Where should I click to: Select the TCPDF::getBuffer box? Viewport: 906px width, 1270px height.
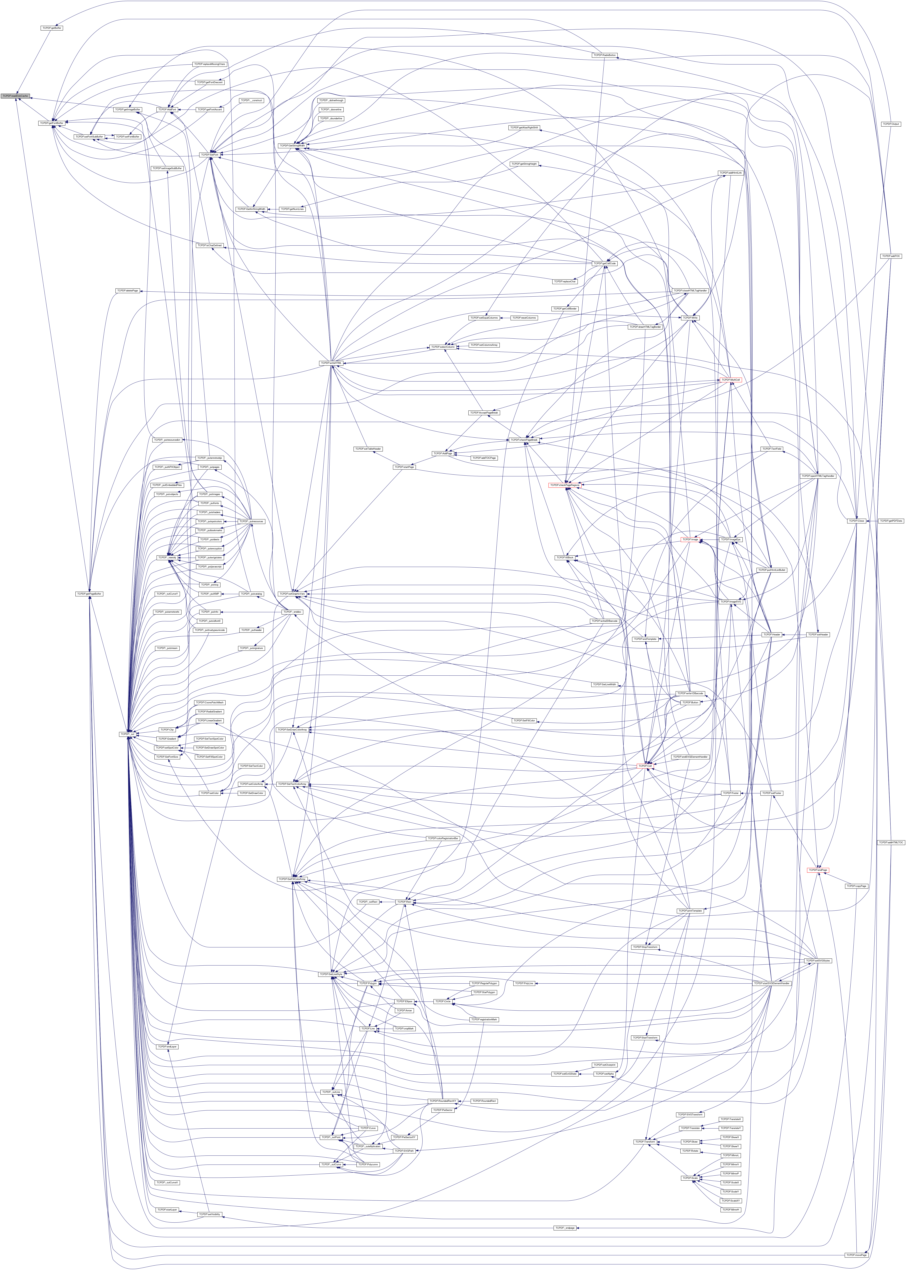(x=51, y=27)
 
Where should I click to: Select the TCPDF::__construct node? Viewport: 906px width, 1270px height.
(x=252, y=100)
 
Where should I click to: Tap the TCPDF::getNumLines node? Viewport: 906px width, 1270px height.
(x=292, y=209)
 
